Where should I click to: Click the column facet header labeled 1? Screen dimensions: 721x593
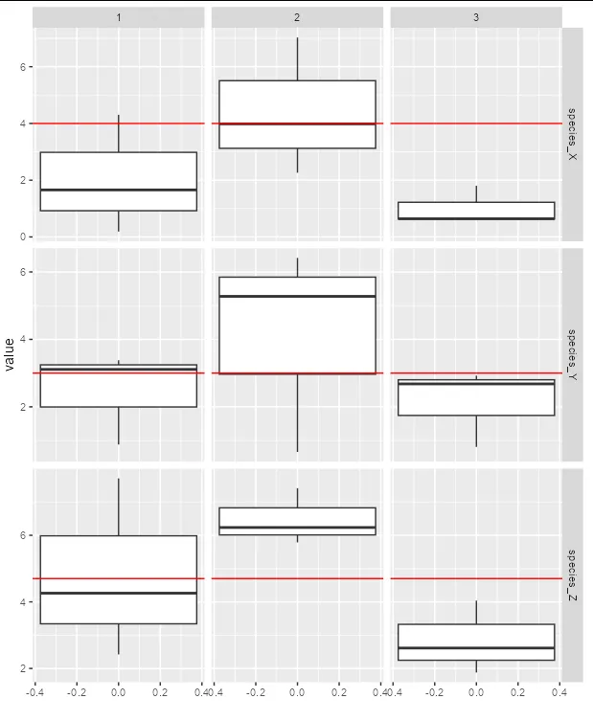[118, 17]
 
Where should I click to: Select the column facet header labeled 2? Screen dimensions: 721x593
[297, 17]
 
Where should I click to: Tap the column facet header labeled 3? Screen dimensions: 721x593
[476, 17]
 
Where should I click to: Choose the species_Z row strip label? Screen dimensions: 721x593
[572, 573]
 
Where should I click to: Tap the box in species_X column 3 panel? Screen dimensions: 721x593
[476, 210]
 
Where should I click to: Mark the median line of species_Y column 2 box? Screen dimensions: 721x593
[297, 296]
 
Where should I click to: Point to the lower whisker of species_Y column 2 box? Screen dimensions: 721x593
[297, 412]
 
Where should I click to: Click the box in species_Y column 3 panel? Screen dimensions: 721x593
[476, 397]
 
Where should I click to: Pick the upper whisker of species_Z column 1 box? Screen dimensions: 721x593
[118, 507]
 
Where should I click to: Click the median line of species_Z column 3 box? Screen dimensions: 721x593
[476, 648]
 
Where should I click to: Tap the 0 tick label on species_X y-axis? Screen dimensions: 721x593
[25, 237]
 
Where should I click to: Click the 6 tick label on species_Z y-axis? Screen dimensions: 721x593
[25, 536]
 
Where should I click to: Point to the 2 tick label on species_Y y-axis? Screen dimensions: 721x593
[25, 407]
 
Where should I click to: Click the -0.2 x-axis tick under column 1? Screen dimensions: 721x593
[76, 690]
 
